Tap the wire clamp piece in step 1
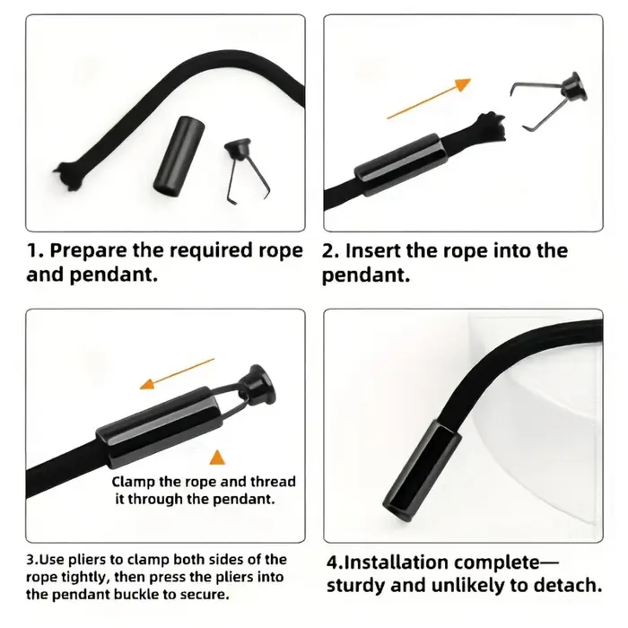point(244,169)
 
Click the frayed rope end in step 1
point(70,176)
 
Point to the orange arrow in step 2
point(429,99)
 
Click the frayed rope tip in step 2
point(490,127)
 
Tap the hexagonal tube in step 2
point(398,164)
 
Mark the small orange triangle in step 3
point(217,458)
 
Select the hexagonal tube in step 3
point(158,427)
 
